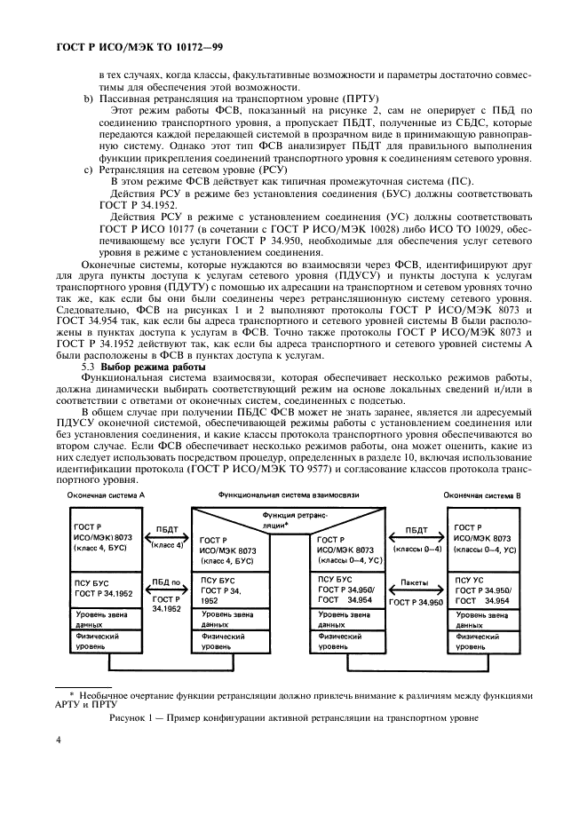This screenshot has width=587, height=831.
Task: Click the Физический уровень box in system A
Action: [x=105, y=641]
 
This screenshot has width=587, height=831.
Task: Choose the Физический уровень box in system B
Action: [x=482, y=641]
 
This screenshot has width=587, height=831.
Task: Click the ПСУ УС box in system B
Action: [x=482, y=590]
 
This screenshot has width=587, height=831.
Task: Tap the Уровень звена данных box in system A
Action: [x=105, y=619]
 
